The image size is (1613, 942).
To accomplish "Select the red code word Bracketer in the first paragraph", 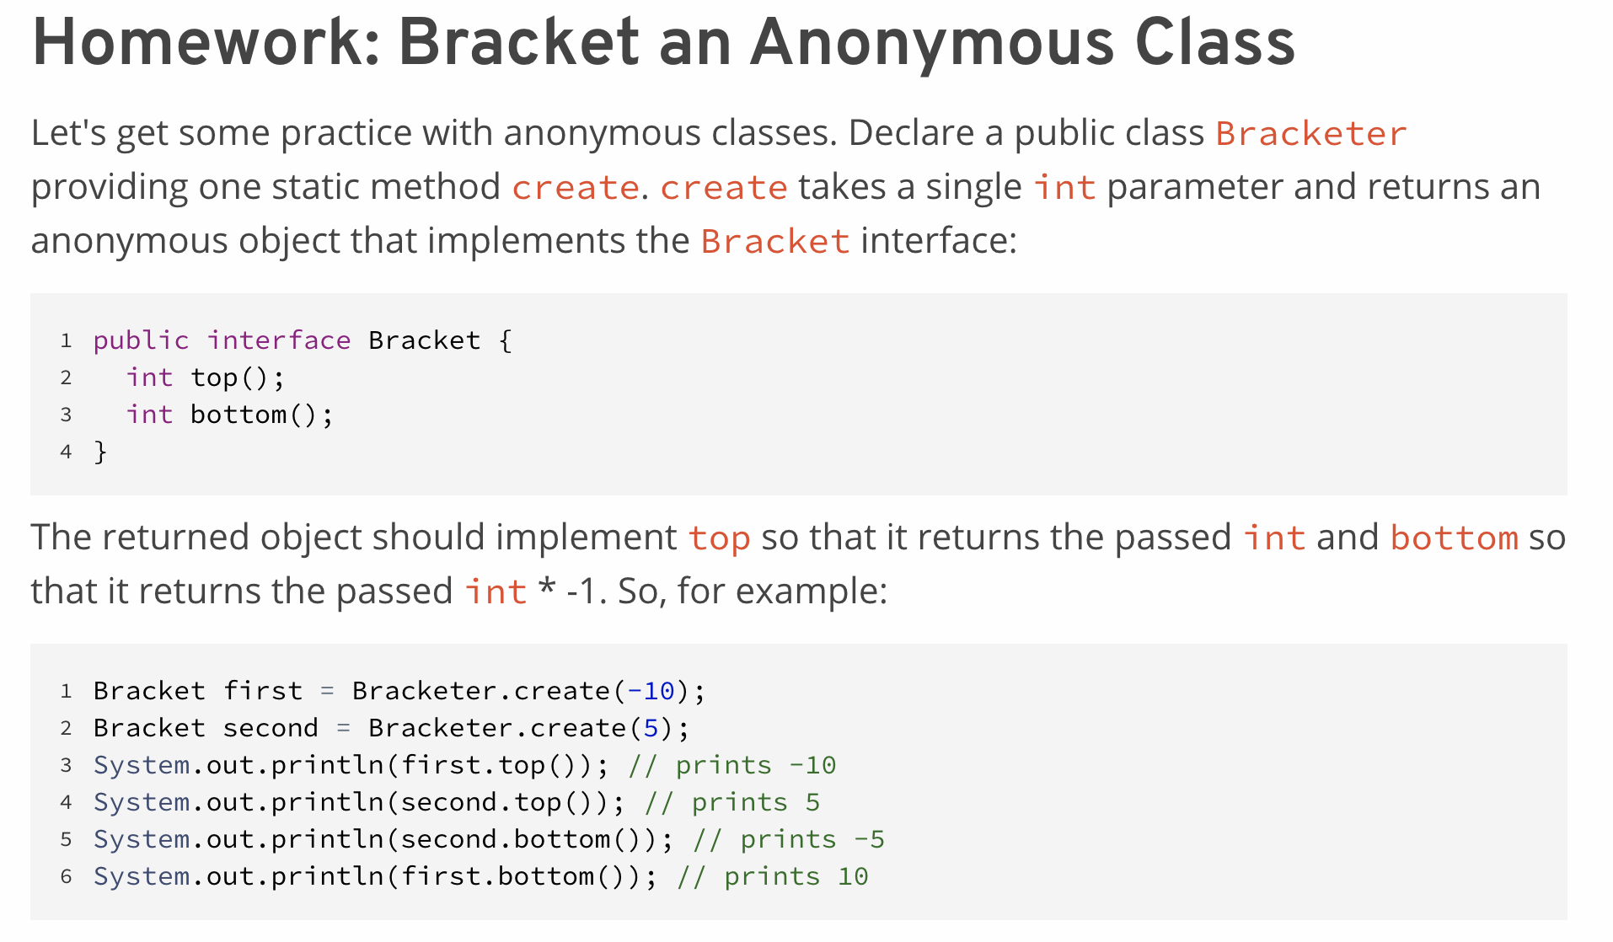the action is pos(1310,134).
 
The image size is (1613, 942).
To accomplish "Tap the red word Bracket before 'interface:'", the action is pos(774,242).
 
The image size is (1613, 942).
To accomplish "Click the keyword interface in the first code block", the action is pos(279,340).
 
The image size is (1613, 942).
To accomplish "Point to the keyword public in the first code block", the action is pos(141,340).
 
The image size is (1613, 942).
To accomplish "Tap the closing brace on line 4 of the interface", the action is pos(100,452).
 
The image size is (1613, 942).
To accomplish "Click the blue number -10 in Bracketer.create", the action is pos(650,691).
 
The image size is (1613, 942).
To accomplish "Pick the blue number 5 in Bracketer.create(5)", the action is pos(651,728).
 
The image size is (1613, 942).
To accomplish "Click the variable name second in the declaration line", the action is pos(271,728).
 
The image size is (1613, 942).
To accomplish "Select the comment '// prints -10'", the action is pos(732,765).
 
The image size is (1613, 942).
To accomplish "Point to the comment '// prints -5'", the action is pos(789,839).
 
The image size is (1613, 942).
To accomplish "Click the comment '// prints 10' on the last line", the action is pos(773,876).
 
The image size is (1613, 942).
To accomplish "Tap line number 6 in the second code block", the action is pos(66,877).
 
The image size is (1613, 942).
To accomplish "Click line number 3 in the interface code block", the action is pos(66,415).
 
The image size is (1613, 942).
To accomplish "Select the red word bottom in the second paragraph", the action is pos(1454,538).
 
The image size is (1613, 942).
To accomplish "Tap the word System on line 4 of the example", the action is pos(142,802).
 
